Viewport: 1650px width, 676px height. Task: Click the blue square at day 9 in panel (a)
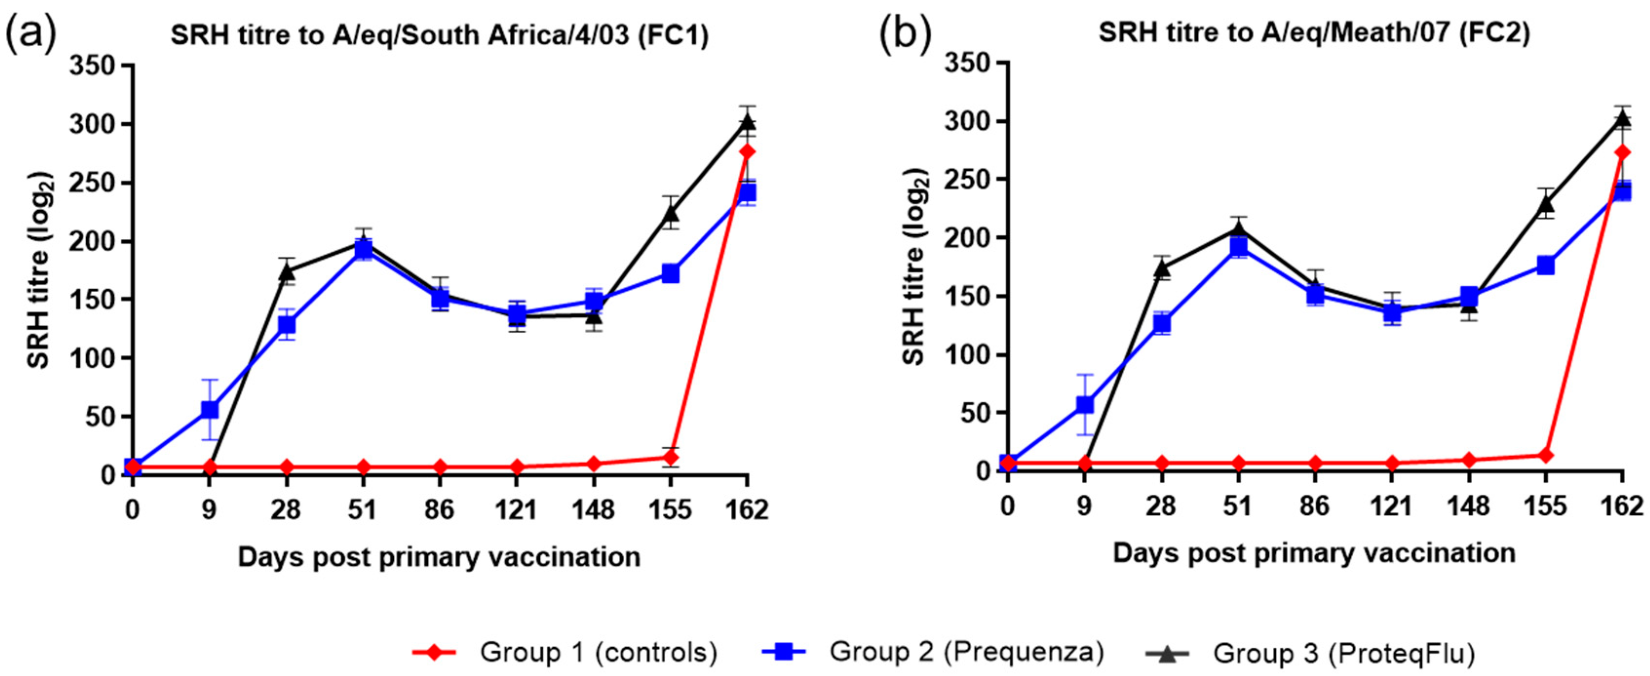[210, 409]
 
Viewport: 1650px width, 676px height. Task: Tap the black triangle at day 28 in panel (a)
[287, 271]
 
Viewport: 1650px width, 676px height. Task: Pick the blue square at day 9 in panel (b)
[1084, 405]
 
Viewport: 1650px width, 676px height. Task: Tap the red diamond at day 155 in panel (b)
[1546, 456]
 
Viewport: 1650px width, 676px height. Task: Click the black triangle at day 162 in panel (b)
[1622, 118]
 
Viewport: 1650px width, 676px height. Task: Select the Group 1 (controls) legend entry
[564, 652]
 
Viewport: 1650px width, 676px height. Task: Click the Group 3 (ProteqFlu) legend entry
[1310, 654]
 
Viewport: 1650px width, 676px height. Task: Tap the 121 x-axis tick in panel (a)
[516, 511]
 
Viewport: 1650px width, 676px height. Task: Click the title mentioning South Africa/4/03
[440, 36]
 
